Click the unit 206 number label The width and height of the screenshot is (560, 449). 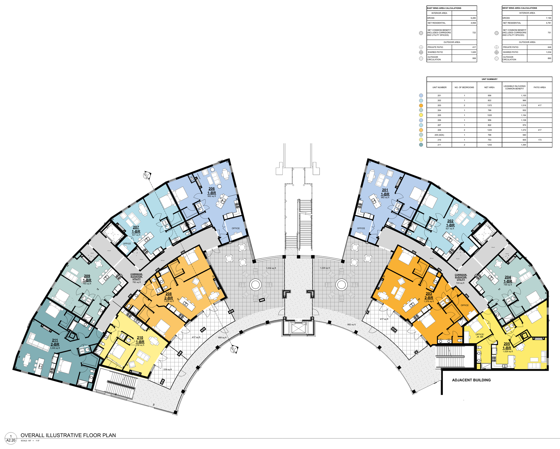[211, 189]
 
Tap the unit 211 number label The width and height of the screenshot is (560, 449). [55, 340]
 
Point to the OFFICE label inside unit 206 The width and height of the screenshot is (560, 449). [236, 228]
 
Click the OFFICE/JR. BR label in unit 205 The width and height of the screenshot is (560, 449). [480, 336]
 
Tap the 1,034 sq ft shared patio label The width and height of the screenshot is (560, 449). [271, 268]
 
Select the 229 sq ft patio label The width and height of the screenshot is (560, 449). [168, 369]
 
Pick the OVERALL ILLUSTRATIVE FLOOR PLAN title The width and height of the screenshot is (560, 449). [68, 435]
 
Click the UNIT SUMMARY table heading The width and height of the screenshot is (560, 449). [489, 79]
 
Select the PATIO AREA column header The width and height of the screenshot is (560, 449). [539, 87]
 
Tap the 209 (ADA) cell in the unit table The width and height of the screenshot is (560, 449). [439, 135]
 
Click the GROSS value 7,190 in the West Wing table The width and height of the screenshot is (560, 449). [548, 18]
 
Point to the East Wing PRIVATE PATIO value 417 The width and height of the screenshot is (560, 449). [474, 47]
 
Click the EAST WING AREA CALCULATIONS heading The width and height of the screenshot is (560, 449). [444, 8]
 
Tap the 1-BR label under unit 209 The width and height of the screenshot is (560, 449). [87, 280]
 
